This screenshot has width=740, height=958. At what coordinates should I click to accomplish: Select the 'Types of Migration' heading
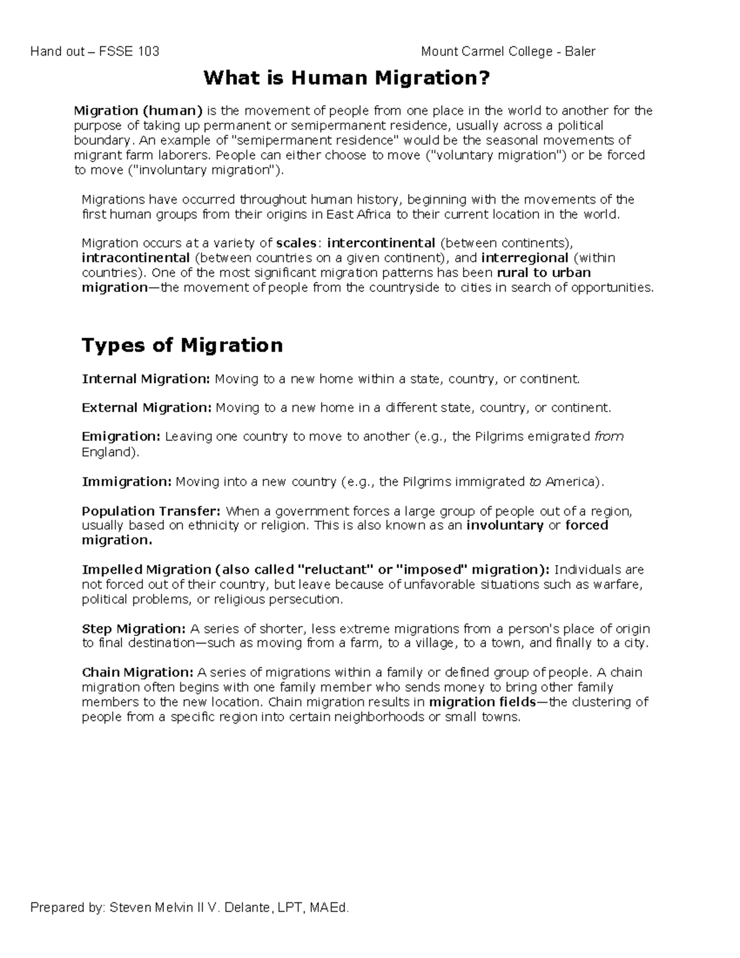pos(182,345)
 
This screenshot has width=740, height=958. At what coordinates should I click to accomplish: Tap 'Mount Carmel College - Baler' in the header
pos(508,51)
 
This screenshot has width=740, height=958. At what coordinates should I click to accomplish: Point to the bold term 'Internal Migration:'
pos(146,379)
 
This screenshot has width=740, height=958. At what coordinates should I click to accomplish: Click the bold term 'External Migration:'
pos(147,408)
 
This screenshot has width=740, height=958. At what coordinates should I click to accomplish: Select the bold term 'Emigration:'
pos(121,437)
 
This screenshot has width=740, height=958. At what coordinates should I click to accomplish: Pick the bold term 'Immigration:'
pos(126,482)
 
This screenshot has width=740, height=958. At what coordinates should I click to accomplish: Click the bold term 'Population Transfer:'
pos(151,511)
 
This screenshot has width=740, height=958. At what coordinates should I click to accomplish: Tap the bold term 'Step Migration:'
pos(133,629)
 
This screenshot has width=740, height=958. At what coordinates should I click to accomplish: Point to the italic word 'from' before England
pos(609,437)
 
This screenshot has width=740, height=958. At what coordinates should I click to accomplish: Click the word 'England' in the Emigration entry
pos(107,452)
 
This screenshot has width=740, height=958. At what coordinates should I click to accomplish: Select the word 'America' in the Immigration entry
pos(570,482)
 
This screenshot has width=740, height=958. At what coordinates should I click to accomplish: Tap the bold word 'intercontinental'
pos(381,242)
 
